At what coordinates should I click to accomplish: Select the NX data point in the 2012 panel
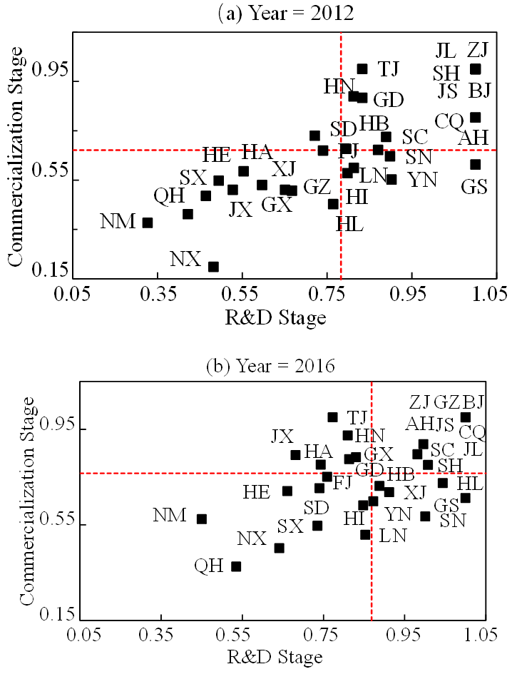point(213,266)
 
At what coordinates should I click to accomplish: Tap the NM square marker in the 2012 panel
point(148,223)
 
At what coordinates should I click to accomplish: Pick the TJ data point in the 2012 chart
point(362,68)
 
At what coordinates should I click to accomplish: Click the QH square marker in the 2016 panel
point(236,566)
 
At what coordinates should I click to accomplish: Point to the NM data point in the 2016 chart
point(202,519)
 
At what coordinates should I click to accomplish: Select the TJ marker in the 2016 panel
point(332,417)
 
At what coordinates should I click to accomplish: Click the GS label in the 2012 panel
point(473,187)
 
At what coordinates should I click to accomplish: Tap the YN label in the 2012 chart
point(422,180)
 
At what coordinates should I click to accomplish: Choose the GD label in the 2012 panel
point(389,99)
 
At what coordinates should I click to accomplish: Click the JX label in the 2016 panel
point(282,436)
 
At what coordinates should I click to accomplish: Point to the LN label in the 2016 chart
point(393,534)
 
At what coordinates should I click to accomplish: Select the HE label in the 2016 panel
point(257,491)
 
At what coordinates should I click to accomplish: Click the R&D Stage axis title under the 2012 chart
point(277,315)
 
